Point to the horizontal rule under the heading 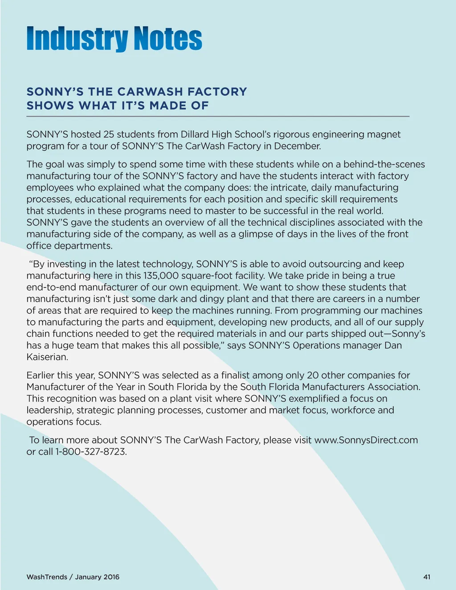click(x=218, y=116)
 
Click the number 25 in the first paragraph click(x=109, y=134)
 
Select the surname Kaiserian click(x=47, y=357)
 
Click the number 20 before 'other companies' click(x=313, y=375)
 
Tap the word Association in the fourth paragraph click(x=393, y=387)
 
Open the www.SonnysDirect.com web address click(x=366, y=440)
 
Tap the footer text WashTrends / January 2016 click(x=73, y=577)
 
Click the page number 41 click(x=427, y=577)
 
